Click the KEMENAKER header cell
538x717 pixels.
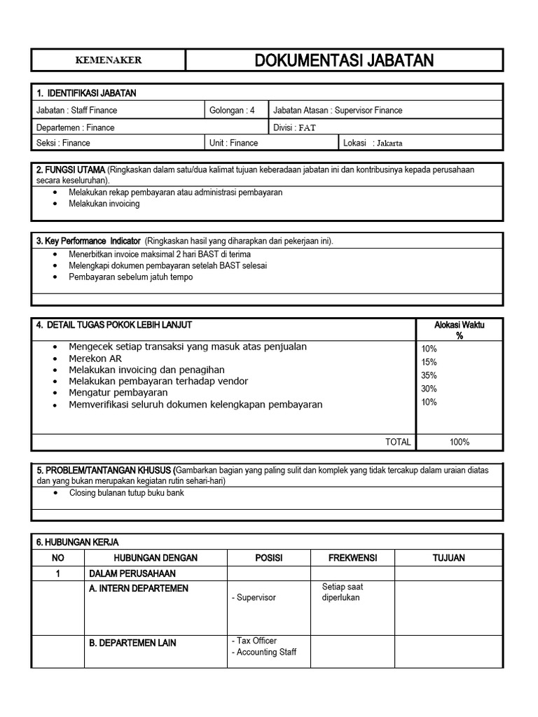[x=108, y=60]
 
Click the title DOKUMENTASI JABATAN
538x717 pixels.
[x=344, y=61]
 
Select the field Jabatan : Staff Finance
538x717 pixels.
[x=77, y=110]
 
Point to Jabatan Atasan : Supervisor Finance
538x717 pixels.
[x=338, y=110]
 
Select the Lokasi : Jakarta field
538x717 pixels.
[x=373, y=143]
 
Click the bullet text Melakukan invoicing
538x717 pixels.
[x=104, y=204]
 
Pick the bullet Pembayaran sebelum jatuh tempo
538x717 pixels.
[x=130, y=277]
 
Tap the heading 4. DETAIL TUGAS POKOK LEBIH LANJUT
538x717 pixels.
[x=114, y=325]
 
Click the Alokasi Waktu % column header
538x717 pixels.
[x=460, y=330]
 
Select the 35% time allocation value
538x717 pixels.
[x=429, y=375]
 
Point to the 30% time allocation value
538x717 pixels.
[x=429, y=389]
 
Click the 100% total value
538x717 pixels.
[x=460, y=442]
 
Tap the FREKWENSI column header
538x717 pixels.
[x=352, y=557]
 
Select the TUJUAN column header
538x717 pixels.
[x=448, y=557]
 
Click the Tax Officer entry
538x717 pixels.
[x=256, y=641]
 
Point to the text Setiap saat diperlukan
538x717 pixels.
[x=343, y=592]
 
